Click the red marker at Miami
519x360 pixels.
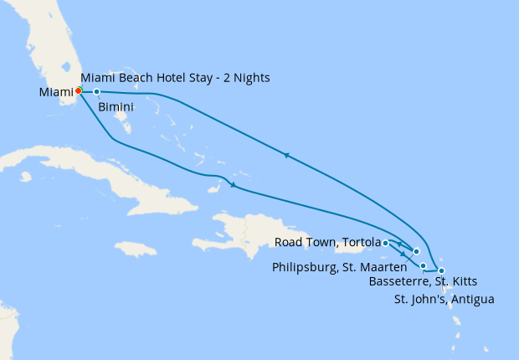(x=78, y=90)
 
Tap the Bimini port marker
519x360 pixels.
(x=97, y=91)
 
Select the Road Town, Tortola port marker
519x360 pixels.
(x=385, y=243)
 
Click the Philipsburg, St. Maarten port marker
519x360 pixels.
(x=416, y=251)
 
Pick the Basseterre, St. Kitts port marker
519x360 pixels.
(x=423, y=266)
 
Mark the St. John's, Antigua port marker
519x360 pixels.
(x=441, y=270)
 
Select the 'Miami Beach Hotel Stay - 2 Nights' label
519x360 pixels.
(x=175, y=79)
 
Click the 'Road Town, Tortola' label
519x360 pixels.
(x=327, y=243)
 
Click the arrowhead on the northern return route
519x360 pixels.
(x=286, y=155)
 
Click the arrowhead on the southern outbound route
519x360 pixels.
(x=232, y=185)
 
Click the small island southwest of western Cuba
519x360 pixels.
(x=26, y=177)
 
